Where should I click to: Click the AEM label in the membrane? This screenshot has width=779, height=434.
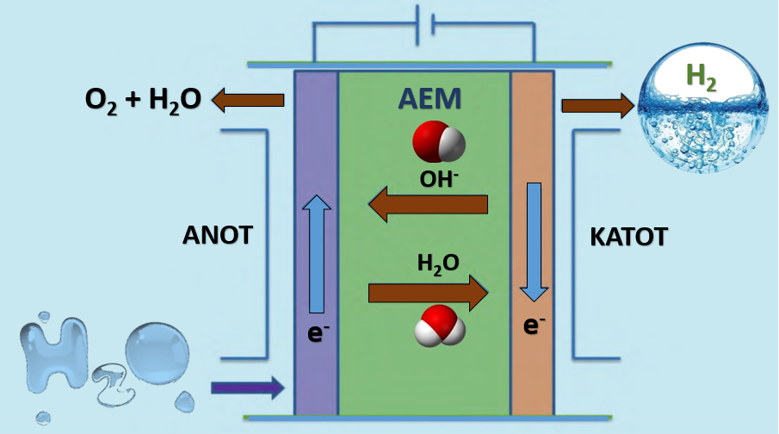coord(429,100)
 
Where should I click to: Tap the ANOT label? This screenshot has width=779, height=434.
coord(217,235)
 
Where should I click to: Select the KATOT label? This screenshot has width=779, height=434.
coord(628,237)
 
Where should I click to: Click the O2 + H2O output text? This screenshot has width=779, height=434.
coord(143,100)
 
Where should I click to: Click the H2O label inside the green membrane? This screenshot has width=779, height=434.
coord(438,263)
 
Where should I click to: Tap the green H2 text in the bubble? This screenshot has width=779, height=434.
coord(701,77)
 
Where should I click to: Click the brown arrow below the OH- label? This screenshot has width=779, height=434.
coord(428,205)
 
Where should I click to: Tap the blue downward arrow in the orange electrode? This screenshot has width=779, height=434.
coord(535,242)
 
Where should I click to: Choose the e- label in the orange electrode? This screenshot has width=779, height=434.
coord(535,325)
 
